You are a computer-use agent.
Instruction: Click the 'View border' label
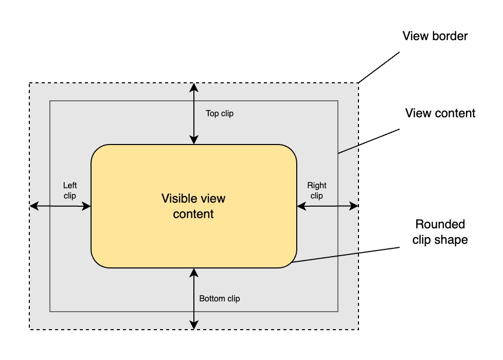click(435, 37)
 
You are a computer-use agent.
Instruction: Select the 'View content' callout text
click(440, 113)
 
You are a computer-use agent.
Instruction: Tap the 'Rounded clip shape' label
click(440, 232)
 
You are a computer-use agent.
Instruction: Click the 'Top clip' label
click(220, 114)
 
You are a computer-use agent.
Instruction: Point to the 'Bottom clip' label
click(220, 298)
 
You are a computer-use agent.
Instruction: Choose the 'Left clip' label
click(70, 190)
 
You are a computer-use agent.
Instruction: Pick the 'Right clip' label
click(317, 190)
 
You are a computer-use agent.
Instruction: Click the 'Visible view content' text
click(193, 206)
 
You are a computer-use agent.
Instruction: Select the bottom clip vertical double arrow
click(194, 298)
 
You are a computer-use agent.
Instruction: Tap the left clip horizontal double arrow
click(61, 206)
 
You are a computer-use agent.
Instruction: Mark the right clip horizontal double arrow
click(328, 206)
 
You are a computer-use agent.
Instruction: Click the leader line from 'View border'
click(379, 67)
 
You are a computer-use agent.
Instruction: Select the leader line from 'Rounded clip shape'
click(345, 255)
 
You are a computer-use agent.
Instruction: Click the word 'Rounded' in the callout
click(440, 225)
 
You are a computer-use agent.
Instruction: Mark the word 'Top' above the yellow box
click(212, 114)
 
